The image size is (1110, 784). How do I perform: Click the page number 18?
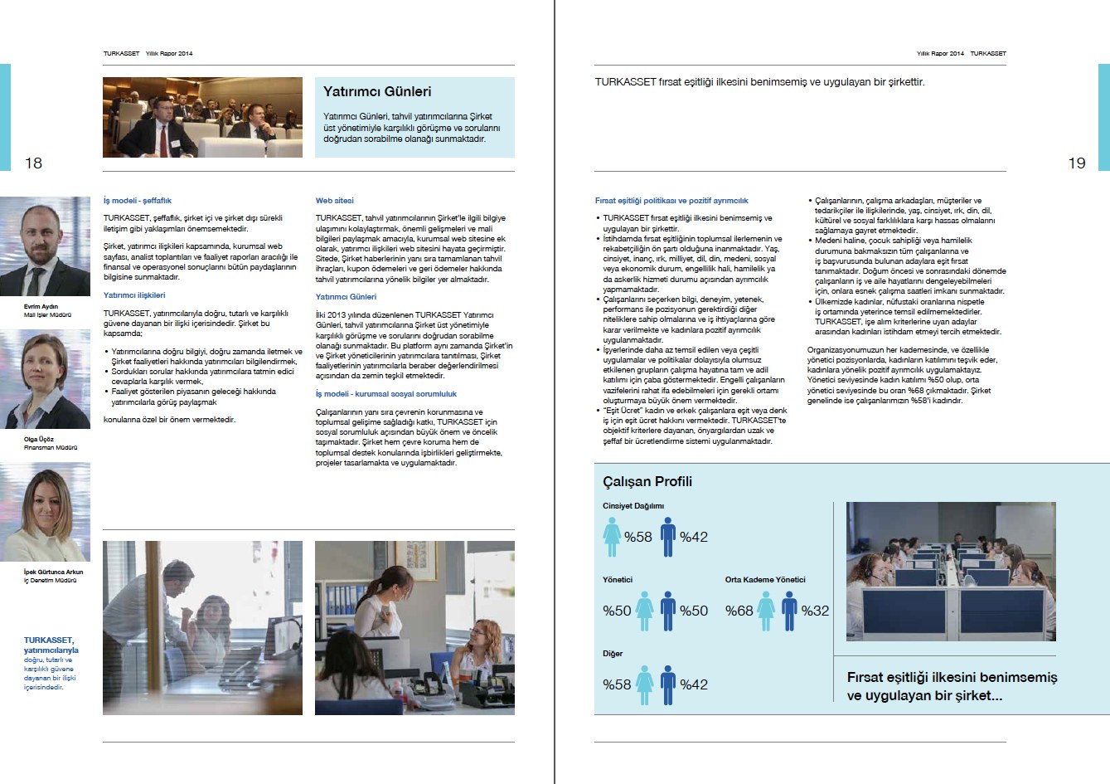pos(33,163)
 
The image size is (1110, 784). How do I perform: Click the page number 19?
pos(1076,163)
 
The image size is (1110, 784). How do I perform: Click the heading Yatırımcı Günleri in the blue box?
pos(377,91)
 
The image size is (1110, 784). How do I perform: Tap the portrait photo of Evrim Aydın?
pos(46,246)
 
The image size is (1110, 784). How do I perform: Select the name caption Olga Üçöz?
pos(39,439)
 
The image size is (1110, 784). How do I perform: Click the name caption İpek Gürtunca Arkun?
pos(53,572)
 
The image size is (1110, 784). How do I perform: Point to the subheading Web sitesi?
pos(334,200)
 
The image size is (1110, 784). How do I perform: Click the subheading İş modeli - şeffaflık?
pos(137,200)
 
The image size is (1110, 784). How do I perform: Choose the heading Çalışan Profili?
pos(647,481)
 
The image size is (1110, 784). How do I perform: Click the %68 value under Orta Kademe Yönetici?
pos(739,611)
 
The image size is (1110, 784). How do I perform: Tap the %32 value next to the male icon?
pos(815,611)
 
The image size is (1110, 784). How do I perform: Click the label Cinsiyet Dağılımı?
pos(633,505)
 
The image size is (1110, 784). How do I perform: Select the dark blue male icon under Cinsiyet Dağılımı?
pos(668,537)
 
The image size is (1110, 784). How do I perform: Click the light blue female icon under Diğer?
pos(645,684)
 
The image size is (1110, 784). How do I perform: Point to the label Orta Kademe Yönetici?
pos(764,579)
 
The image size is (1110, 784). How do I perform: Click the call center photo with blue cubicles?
pos(950,571)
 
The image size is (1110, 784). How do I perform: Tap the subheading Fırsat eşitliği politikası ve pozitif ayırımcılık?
pos(671,200)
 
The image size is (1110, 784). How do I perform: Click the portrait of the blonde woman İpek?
pos(46,512)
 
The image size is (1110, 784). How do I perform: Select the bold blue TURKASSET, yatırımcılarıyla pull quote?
pos(50,645)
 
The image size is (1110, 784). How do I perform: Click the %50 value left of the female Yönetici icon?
pos(617,611)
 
